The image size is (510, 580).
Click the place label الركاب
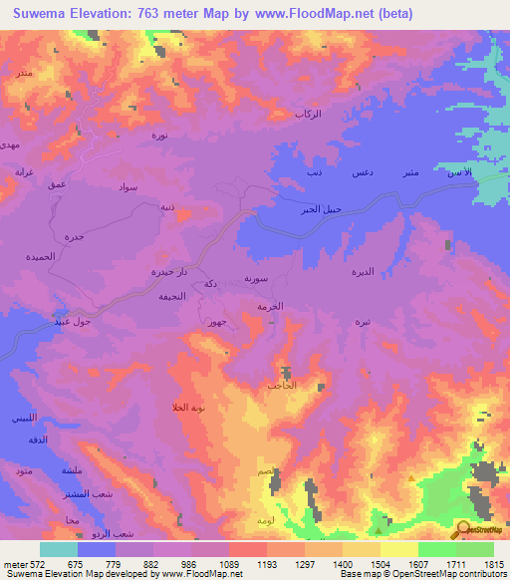(309, 116)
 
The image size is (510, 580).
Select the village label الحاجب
(281, 385)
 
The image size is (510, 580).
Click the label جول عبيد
(76, 321)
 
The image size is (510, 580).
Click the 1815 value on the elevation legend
(493, 564)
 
